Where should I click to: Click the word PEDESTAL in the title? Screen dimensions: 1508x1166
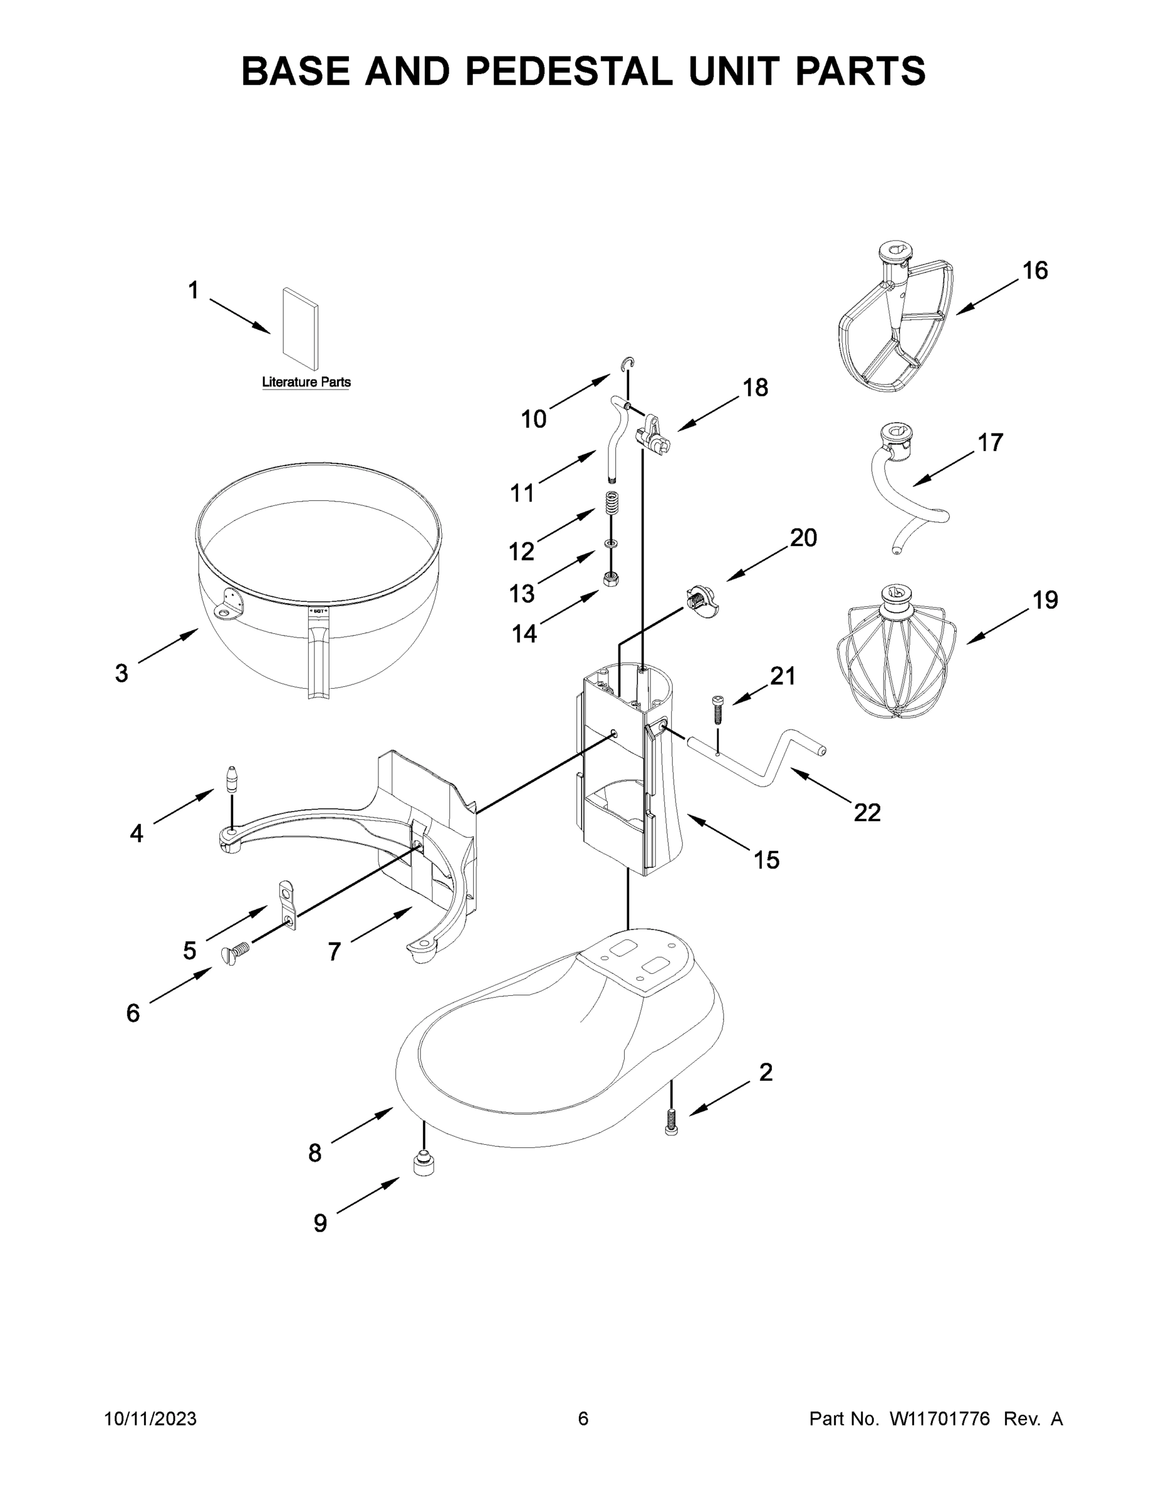(568, 71)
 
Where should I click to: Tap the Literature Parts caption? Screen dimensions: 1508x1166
(306, 382)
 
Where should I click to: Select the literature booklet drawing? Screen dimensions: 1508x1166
(301, 330)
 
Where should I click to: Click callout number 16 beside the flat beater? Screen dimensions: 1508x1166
(1035, 271)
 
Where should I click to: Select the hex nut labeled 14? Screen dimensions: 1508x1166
(610, 579)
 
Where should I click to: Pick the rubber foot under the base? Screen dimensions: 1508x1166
(424, 1166)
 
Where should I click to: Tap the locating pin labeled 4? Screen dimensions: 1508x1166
(232, 780)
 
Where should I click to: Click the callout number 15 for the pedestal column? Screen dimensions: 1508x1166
(766, 860)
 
